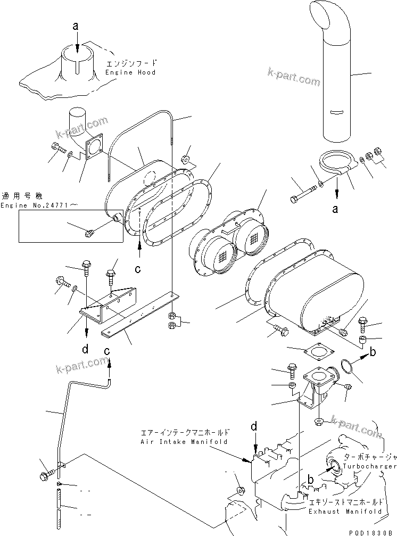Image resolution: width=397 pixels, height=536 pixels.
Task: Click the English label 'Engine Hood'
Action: (130, 72)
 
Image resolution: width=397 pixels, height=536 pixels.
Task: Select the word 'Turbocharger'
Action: (362, 466)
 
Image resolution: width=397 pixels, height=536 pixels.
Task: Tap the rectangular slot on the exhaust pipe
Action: (336, 112)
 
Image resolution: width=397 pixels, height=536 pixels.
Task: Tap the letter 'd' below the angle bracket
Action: (86, 350)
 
